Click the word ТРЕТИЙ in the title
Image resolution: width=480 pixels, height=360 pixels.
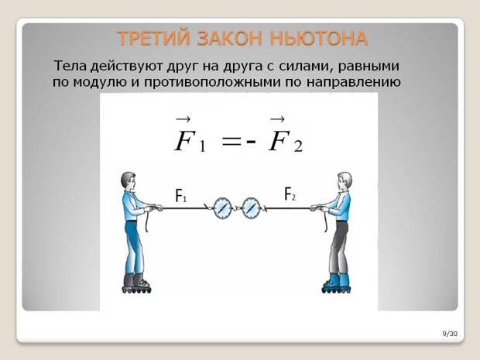tap(153, 39)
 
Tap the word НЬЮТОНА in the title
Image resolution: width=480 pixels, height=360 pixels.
tap(319, 39)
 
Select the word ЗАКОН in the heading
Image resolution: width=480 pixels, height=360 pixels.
tap(230, 39)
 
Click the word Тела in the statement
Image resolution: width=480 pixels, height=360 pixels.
tap(70, 66)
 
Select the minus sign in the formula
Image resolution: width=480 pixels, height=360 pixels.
tap(251, 142)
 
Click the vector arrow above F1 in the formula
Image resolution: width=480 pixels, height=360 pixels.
tap(183, 120)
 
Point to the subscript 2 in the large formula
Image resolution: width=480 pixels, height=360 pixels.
tap(298, 146)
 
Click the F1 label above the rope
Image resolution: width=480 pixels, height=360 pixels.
tap(180, 195)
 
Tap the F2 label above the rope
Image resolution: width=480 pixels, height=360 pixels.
tap(290, 194)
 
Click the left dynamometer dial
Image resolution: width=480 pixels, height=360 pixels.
tap(221, 208)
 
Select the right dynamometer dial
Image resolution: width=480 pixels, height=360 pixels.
tap(251, 208)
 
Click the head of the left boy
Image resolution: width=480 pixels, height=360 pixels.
tap(129, 181)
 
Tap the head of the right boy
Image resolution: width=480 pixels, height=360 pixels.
tap(345, 181)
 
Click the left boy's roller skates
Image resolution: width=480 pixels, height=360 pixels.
tap(136, 283)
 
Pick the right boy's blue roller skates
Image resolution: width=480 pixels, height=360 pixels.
tap(337, 283)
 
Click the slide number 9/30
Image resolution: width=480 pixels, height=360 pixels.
tap(450, 334)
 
